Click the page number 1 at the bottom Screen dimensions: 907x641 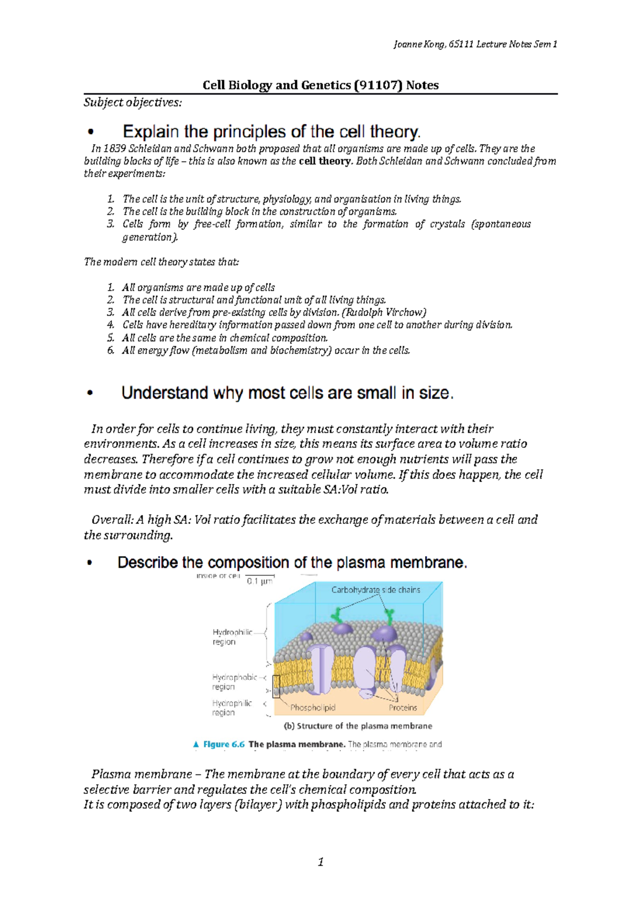pos(320,862)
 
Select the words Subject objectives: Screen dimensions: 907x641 pos(132,102)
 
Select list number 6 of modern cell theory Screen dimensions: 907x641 pos(111,350)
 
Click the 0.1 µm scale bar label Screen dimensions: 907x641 pos(260,581)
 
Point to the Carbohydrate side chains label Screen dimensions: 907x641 pos(376,590)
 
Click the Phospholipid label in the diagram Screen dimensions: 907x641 pos(312,707)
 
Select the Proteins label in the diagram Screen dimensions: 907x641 pos(403,707)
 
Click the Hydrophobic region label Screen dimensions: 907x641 pos(234,682)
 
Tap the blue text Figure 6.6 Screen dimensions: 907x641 pos(224,744)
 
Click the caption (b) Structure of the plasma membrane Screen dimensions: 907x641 pos(357,726)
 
